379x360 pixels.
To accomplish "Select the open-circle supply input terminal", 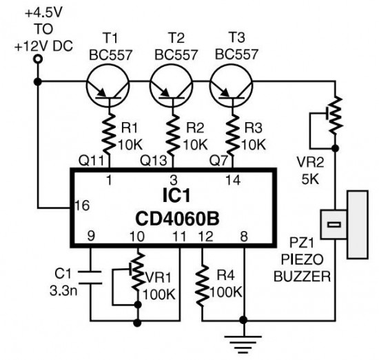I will click(x=37, y=60).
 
